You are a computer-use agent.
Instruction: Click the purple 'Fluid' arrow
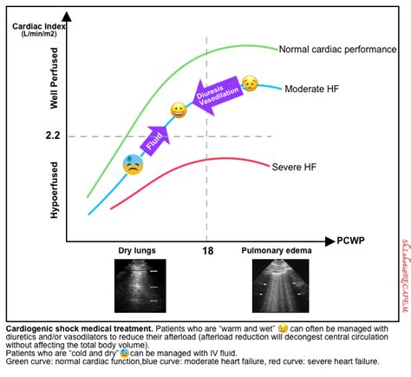(156, 135)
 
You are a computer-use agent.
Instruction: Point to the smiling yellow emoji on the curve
(179, 110)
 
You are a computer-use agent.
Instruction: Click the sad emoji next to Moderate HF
(250, 84)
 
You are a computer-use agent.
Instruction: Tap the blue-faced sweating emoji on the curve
(133, 163)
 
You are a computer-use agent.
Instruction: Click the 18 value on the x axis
(206, 251)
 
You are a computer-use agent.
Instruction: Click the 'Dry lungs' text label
(137, 251)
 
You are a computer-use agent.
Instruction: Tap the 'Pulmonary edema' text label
(276, 251)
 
